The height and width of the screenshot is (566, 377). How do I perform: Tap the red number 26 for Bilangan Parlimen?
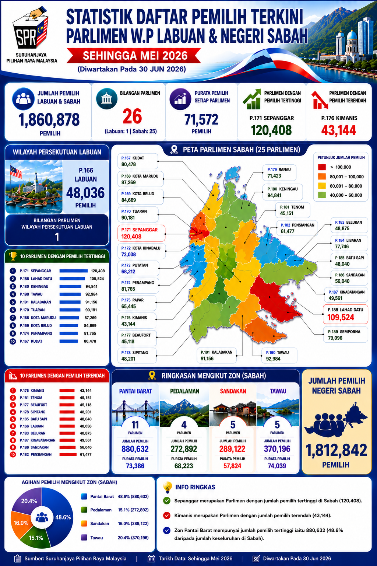pyautogui.click(x=132, y=116)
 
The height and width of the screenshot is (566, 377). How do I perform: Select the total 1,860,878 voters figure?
pyautogui.click(x=49, y=120)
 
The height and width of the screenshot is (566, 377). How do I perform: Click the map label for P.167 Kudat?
pyautogui.click(x=138, y=161)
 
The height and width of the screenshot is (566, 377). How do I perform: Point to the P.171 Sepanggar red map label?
pyautogui.click(x=141, y=233)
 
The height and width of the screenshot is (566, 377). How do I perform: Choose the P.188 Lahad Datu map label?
pyautogui.click(x=345, y=314)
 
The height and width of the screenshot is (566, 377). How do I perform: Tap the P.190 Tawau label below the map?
pyautogui.click(x=279, y=356)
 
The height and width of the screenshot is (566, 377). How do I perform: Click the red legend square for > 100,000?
pyautogui.click(x=322, y=167)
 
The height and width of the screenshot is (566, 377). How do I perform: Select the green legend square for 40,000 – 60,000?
pyautogui.click(x=322, y=195)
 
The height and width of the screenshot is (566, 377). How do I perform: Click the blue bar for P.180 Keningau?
pyautogui.click(x=70, y=287)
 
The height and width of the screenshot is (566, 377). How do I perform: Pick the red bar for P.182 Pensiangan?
pyautogui.click(x=68, y=454)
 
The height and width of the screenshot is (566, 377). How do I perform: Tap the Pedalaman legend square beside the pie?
pyautogui.click(x=84, y=510)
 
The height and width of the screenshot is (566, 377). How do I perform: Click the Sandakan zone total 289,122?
pyautogui.click(x=232, y=449)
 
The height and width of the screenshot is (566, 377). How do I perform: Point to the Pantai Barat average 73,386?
pyautogui.click(x=135, y=466)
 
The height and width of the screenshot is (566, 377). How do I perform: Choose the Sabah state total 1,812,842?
pyautogui.click(x=337, y=450)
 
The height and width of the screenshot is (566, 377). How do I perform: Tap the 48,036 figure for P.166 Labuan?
pyautogui.click(x=86, y=193)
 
